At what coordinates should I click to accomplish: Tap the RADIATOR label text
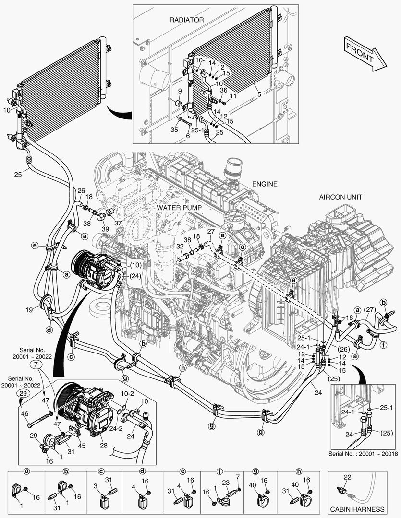click(187, 20)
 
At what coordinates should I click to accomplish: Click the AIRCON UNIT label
click(341, 197)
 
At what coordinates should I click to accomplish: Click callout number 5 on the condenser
click(259, 95)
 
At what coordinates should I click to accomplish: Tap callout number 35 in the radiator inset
click(175, 129)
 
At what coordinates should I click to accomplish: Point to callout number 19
click(30, 310)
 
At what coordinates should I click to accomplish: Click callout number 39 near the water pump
click(105, 229)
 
